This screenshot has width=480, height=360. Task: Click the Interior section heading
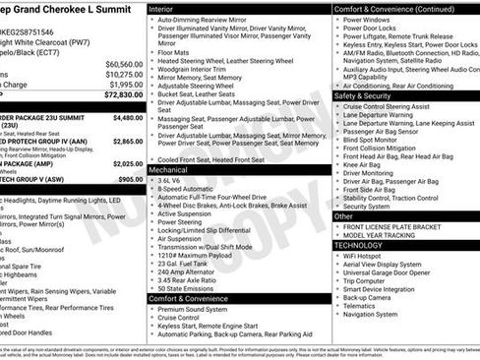click(166, 8)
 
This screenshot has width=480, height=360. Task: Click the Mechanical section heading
click(172, 170)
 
